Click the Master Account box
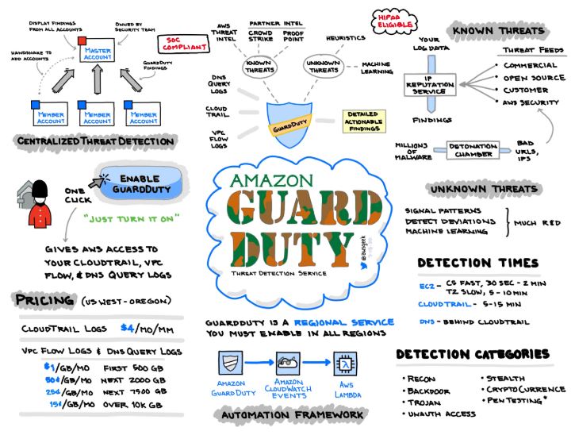tap(97, 53)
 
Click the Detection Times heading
tap(477, 263)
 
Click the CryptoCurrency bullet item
tap(526, 389)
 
